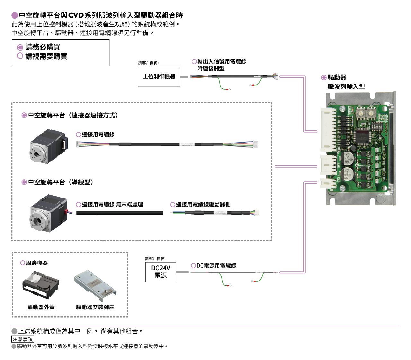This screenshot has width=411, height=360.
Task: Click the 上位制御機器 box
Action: [x=159, y=77]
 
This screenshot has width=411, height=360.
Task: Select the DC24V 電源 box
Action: [x=160, y=272]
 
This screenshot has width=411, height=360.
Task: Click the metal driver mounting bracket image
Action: [x=95, y=286]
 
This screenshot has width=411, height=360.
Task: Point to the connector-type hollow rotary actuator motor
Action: [x=49, y=146]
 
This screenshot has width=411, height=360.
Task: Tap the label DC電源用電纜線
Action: [x=216, y=266]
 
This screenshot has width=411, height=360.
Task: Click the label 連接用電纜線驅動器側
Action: [x=203, y=205]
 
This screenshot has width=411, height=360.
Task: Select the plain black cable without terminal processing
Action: [x=120, y=213]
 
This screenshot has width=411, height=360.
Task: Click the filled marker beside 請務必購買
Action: [x=20, y=48]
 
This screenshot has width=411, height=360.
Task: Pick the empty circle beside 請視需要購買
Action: [x=20, y=56]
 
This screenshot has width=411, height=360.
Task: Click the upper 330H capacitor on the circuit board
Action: [x=347, y=158]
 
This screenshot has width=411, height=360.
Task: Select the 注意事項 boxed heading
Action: [x=23, y=339]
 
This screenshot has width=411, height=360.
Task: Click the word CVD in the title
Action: [x=76, y=15]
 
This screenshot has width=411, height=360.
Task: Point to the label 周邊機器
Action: [x=37, y=263]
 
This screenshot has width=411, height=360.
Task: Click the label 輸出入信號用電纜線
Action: [x=222, y=61]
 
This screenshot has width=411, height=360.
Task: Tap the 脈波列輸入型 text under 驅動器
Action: [x=346, y=87]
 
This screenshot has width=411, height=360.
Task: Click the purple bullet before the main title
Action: [x=15, y=15]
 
